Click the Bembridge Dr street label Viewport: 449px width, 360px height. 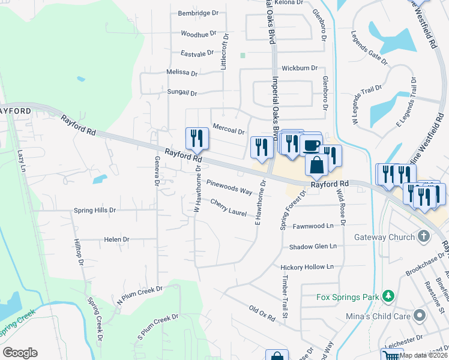pos(197,13)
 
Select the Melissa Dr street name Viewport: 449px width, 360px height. pos(182,73)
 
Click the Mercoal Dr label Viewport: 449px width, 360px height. pos(229,131)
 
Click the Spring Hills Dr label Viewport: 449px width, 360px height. pos(94,211)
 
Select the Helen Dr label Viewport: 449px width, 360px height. pos(113,239)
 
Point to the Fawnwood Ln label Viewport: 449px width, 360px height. pos(313,226)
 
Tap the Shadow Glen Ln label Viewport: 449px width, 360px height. pos(313,247)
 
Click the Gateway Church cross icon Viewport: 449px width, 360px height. pos(424,236)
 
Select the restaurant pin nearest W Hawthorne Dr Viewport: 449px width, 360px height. pos(196,139)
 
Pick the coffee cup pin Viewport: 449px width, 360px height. pos(311,145)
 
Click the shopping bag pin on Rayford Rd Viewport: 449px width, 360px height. pos(316,164)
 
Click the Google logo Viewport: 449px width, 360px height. pos(20,353)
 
